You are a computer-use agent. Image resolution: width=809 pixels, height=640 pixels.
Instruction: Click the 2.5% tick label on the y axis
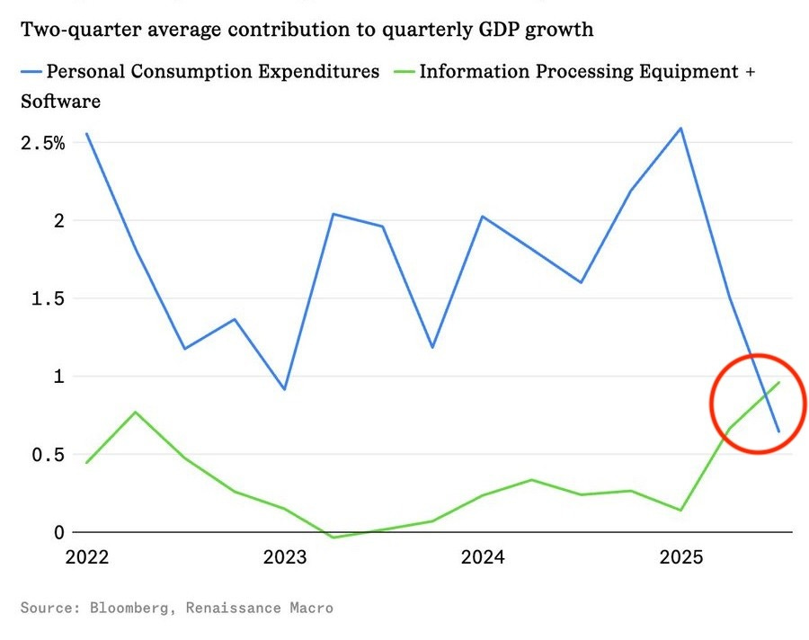pos(42,143)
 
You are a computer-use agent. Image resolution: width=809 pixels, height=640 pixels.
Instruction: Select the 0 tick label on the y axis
pos(58,532)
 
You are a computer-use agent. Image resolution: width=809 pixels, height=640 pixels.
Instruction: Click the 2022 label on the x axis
pos(87,557)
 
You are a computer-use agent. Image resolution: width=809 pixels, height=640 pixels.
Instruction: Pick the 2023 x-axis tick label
pos(285,557)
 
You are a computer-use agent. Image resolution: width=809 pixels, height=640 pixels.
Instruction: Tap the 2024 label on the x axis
pos(483,557)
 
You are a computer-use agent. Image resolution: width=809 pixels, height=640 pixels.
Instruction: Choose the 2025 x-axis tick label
pos(680,557)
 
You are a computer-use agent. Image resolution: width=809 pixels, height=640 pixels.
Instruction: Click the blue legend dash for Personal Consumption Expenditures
pos(31,71)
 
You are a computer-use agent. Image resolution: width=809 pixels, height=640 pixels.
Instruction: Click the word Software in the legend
pos(60,102)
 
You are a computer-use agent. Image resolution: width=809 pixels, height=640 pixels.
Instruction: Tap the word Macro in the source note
pos(310,609)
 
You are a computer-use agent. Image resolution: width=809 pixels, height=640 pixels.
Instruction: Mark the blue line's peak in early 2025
pos(681,128)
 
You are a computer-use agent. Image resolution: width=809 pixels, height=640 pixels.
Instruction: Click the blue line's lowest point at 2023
pos(284,389)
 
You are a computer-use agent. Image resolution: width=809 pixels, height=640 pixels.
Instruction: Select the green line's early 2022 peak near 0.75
pos(136,412)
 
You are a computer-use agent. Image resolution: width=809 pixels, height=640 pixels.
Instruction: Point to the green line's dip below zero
pos(333,538)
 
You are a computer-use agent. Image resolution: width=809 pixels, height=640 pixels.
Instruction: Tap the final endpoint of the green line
pos(779,382)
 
